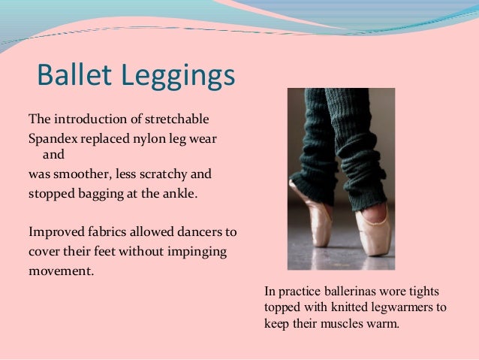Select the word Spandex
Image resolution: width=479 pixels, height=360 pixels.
point(53,138)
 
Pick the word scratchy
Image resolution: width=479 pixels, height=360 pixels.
point(163,175)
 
